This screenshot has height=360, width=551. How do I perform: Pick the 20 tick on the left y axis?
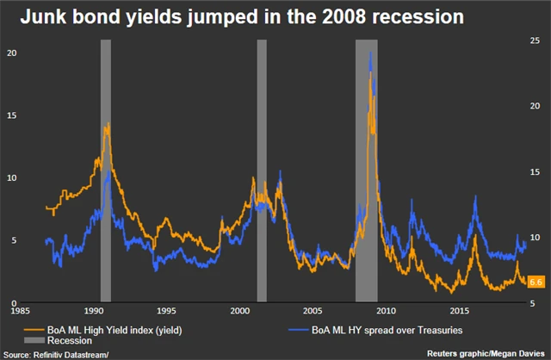[12, 53]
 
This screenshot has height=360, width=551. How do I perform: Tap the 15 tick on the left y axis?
[12, 115]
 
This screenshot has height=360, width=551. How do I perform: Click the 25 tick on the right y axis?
[534, 40]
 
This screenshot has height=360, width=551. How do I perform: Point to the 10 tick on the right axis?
[534, 238]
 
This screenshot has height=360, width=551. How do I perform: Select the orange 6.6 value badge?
[534, 282]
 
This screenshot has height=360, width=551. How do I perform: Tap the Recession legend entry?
[63, 341]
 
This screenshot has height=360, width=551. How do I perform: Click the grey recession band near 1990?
[106, 172]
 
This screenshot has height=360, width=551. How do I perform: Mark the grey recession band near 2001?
[262, 172]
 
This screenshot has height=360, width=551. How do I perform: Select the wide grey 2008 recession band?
[367, 172]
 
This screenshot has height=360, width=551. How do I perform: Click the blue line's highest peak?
[370, 53]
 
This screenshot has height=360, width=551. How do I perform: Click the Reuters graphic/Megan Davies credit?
[486, 353]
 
